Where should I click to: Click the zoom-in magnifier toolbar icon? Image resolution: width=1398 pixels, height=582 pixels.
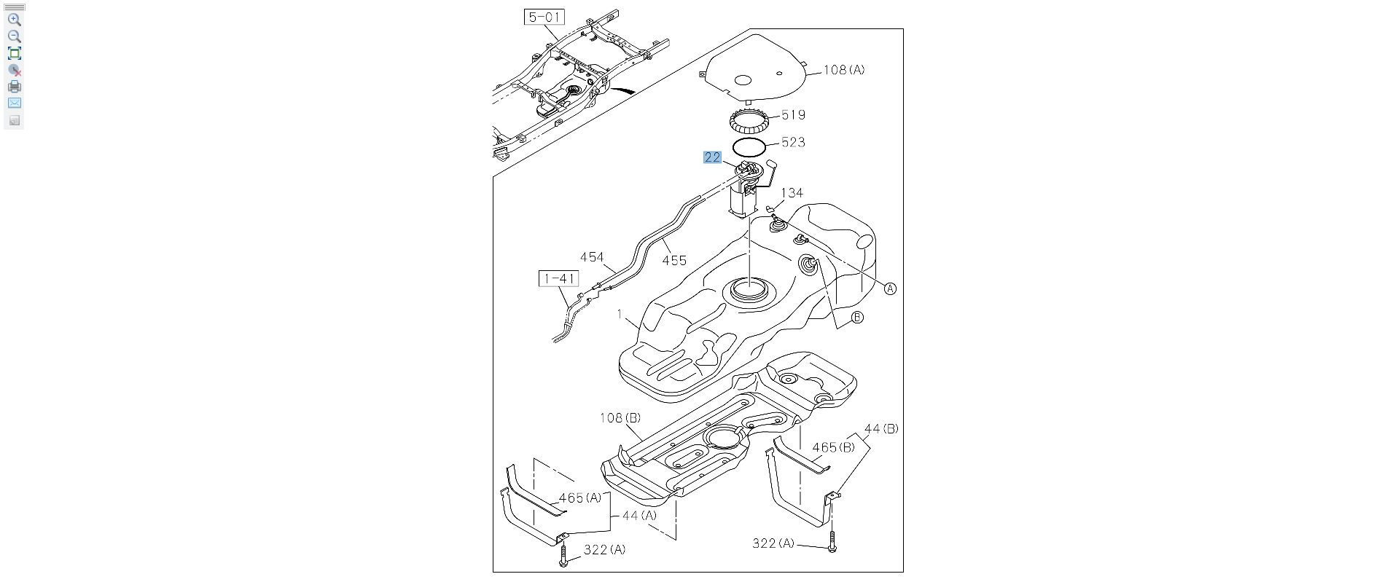(14, 20)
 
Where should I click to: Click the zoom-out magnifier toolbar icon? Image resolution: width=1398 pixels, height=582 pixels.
(14, 36)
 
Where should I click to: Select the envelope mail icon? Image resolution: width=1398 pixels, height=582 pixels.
(14, 103)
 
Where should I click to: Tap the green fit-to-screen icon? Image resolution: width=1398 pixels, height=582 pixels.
(14, 53)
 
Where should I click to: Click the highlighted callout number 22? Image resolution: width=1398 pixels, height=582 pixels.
(712, 157)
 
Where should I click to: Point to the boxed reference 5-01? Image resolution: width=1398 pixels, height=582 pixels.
(544, 17)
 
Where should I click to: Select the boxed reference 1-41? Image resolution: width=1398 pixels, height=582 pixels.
(559, 278)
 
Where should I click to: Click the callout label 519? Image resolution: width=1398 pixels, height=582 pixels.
(793, 115)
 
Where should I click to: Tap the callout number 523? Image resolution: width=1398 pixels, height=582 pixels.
(793, 142)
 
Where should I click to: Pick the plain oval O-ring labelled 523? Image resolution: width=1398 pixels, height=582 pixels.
(749, 146)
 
